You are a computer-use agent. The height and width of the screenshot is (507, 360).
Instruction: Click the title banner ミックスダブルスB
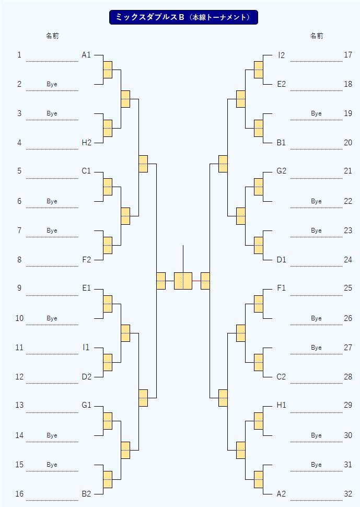coord(183,17)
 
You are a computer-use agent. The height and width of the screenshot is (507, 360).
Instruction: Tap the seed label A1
coord(86,55)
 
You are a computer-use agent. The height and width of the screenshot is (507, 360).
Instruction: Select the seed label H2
coord(87,143)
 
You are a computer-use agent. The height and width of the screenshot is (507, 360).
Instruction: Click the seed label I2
coord(282,55)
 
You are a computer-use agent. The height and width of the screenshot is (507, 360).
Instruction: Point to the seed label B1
coord(281,143)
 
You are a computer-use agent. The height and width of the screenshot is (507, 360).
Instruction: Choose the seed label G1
coord(87,405)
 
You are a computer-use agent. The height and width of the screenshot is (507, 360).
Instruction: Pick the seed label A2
coord(281,494)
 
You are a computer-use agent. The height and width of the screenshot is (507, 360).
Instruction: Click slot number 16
coord(19,494)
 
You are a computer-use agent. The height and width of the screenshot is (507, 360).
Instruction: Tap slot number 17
coord(348,55)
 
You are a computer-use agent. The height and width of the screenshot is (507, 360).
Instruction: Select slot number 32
coord(348,494)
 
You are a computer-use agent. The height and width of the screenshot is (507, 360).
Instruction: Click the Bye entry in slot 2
coord(52,84)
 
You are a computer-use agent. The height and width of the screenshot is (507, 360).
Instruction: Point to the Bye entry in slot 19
coord(317,113)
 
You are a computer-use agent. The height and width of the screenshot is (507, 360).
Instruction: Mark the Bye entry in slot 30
coord(317,435)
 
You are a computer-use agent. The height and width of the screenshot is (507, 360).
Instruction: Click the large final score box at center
coord(183,281)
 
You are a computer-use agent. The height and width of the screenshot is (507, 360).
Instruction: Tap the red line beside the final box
coord(196,281)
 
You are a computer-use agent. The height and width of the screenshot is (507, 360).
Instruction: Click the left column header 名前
coord(52,36)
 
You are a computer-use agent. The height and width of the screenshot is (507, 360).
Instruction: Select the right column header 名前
coord(317,36)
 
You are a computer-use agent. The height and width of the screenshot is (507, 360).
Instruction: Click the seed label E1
coord(87,288)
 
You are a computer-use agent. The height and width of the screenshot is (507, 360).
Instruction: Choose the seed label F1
coord(281,288)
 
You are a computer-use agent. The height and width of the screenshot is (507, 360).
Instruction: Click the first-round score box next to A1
coord(108,70)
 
